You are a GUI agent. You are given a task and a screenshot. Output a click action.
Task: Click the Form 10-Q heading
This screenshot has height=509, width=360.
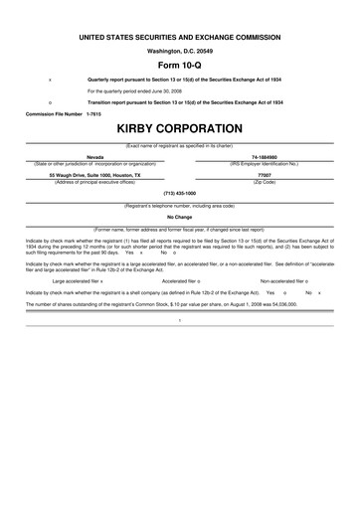pyautogui.click(x=179, y=62)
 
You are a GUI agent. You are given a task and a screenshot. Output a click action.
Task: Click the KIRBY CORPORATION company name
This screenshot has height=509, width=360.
pyautogui.click(x=179, y=129)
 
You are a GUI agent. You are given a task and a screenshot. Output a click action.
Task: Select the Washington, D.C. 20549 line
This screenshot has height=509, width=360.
pyautogui.click(x=179, y=49)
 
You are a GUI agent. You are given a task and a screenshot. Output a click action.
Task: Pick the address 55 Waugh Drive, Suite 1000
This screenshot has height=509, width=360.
pyautogui.click(x=95, y=174)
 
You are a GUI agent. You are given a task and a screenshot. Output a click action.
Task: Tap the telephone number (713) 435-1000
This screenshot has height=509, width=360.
pyautogui.click(x=179, y=192)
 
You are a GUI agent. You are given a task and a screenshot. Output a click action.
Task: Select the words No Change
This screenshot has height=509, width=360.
pyautogui.click(x=179, y=216)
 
